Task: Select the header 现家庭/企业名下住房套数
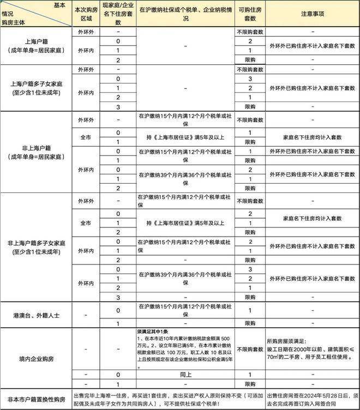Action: pyautogui.click(x=118, y=15)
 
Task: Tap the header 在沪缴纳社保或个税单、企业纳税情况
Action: pyautogui.click(x=185, y=15)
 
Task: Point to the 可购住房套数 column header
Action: pyautogui.click(x=250, y=15)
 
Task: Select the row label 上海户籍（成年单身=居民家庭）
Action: pyautogui.click(x=36, y=46)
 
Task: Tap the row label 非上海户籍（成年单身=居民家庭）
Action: pyautogui.click(x=36, y=152)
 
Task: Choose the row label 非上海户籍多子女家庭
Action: pyautogui.click(x=36, y=247)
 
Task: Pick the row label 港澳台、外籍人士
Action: pyautogui.click(x=36, y=316)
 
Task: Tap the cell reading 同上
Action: pyautogui.click(x=185, y=375)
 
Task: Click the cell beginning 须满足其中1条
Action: pyautogui.click(x=185, y=349)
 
